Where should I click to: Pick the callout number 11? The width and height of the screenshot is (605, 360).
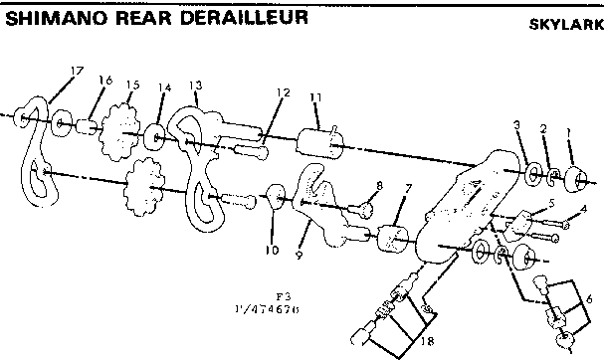coord(315,96)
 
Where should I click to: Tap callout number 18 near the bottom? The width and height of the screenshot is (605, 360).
coord(429,341)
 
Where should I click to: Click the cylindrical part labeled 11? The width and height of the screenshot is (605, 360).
coord(320,133)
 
